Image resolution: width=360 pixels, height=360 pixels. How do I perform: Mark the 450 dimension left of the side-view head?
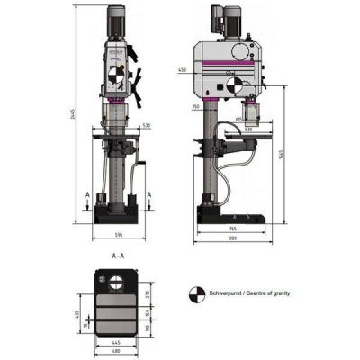[183, 68]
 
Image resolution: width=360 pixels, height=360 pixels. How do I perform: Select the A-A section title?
[118, 256]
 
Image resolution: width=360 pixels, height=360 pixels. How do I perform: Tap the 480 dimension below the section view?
[118, 350]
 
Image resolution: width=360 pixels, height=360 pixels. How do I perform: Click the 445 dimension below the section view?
[117, 342]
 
